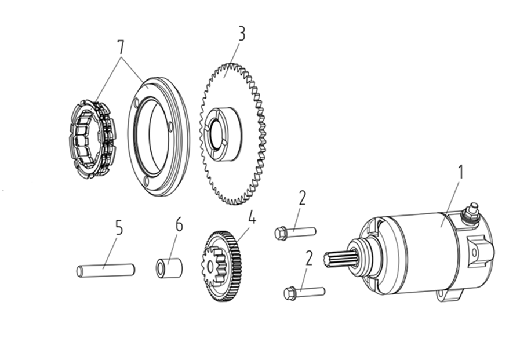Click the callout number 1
(x=461, y=172)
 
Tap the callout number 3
(x=241, y=34)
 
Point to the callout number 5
(x=119, y=227)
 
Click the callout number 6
(x=179, y=224)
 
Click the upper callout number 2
(x=302, y=198)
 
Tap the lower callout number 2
(x=308, y=257)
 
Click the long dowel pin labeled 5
(x=106, y=270)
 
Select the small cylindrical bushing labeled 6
(x=169, y=268)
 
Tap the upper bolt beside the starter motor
(x=294, y=232)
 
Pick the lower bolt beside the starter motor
(x=304, y=292)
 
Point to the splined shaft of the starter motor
(x=339, y=259)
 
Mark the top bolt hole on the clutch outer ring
(x=136, y=103)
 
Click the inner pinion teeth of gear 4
(x=216, y=263)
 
